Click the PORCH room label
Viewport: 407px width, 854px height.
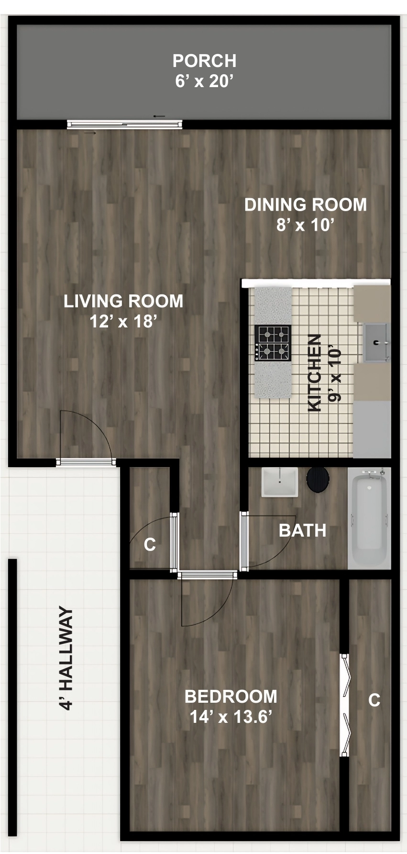pos(204,61)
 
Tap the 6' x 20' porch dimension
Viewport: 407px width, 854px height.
pos(204,81)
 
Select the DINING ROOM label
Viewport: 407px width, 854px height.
pos(306,205)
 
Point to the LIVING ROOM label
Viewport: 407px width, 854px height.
pos(123,301)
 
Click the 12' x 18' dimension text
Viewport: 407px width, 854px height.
pos(123,321)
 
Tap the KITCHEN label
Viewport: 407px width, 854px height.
pos(314,373)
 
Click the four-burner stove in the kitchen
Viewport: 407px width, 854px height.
pos(273,343)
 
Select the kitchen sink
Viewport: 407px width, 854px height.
pos(377,342)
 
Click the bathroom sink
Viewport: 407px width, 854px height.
pos(280,482)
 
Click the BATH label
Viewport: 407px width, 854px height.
pos(303,530)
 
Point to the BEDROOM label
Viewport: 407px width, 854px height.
pos(231,697)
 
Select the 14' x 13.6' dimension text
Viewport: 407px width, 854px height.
pos(231,717)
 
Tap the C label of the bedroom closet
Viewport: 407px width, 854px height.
pos(374,700)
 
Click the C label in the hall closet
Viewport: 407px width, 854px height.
pos(150,544)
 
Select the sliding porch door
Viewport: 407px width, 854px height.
pos(124,124)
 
